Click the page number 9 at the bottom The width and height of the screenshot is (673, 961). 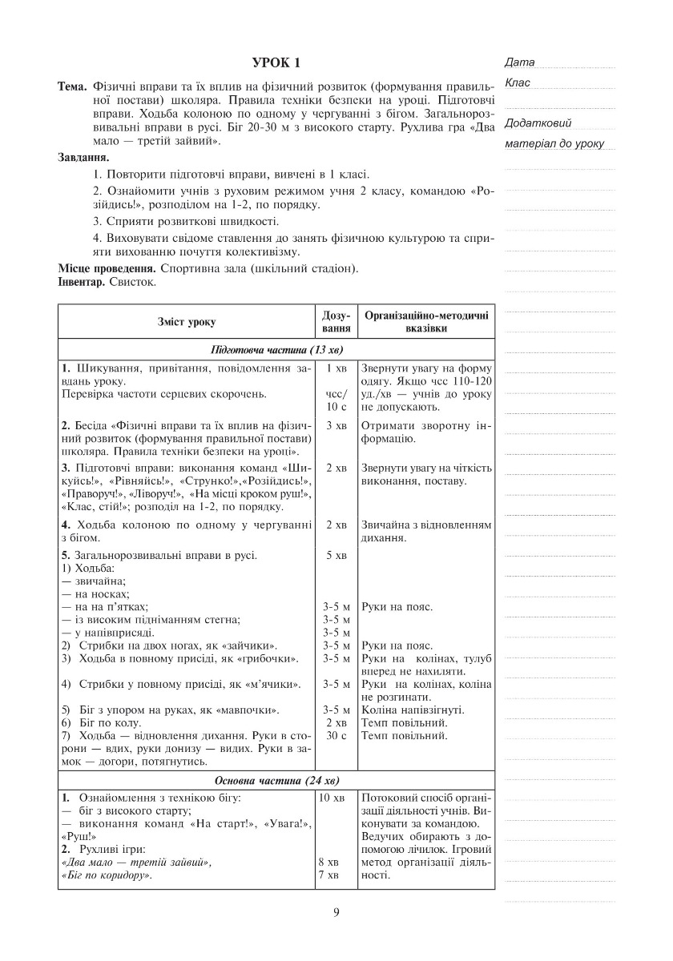pyautogui.click(x=336, y=912)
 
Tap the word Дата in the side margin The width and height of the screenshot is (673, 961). pyautogui.click(x=520, y=62)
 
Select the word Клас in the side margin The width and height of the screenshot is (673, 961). pyautogui.click(x=518, y=82)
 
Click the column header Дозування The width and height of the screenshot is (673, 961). pyautogui.click(x=336, y=322)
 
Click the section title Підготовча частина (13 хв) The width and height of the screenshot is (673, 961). pyautogui.click(x=276, y=350)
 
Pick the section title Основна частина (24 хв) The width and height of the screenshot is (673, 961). pyautogui.click(x=276, y=781)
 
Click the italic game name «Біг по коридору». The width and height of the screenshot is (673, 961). pyautogui.click(x=107, y=875)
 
